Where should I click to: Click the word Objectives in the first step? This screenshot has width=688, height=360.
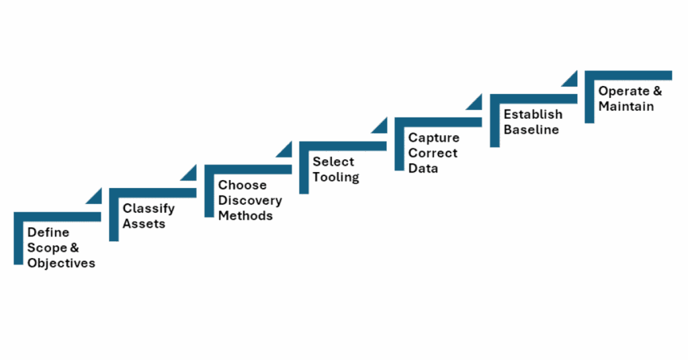tap(61, 263)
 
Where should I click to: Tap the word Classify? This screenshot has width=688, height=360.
tap(148, 208)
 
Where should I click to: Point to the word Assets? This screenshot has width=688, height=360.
tap(143, 224)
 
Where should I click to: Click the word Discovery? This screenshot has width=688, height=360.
tap(250, 200)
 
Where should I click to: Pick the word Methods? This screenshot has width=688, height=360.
tap(245, 216)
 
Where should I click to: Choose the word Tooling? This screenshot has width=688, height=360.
tap(335, 177)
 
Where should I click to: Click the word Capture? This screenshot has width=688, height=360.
tap(434, 138)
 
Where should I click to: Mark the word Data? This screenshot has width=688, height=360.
tap(423, 169)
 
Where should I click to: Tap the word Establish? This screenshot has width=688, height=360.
tap(533, 114)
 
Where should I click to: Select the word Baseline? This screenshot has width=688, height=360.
tap(531, 130)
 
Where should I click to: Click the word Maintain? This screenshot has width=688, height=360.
tap(626, 106)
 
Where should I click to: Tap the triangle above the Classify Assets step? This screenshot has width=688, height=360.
tap(189, 173)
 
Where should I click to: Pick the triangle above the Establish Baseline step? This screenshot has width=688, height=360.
tap(570, 79)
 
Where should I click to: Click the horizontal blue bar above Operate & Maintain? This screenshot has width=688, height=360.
tap(628, 75)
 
